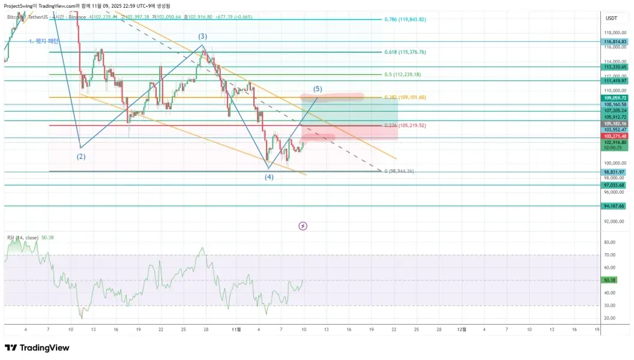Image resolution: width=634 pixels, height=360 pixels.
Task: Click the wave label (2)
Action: (81, 157)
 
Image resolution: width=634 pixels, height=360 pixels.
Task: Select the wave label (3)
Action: (203, 37)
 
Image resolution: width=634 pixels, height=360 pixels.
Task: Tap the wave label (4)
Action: (270, 177)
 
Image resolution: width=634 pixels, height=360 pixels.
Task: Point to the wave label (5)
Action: (318, 89)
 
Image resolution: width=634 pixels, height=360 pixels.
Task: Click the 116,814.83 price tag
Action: (615, 42)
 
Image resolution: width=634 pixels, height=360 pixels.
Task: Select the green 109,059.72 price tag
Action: (615, 97)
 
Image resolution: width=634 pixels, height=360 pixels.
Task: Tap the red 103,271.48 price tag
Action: (615, 136)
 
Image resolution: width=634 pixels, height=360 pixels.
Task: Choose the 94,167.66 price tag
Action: (615, 206)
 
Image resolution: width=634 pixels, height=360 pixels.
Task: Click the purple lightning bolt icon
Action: (303, 226)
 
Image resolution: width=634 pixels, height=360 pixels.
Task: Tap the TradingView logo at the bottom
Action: (37, 348)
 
